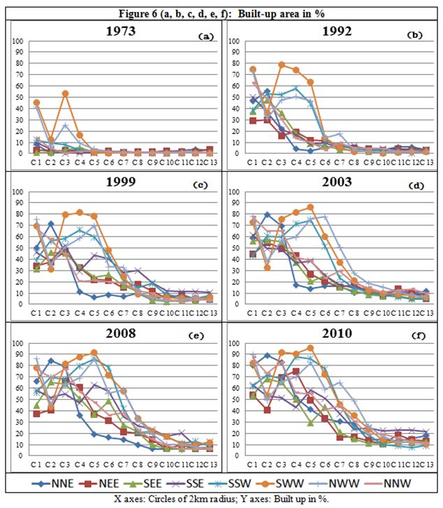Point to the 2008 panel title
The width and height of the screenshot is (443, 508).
point(117,333)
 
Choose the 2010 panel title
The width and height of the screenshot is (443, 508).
point(331,333)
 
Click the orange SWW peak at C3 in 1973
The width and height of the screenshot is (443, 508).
point(65,94)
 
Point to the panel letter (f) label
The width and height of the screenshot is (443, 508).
point(419,335)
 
